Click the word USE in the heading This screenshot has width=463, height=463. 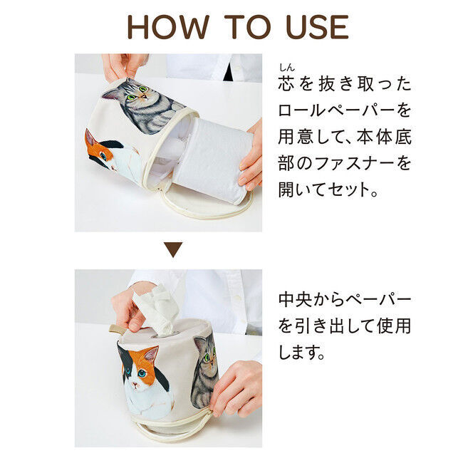[x=318, y=27]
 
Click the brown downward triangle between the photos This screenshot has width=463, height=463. [x=173, y=249]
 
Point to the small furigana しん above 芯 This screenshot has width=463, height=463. [x=287, y=68]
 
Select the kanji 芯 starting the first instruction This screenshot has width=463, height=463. [x=286, y=84]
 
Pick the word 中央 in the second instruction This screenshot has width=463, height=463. [x=296, y=300]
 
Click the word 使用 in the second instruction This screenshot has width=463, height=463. [x=394, y=326]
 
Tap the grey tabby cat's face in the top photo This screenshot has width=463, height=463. [x=136, y=93]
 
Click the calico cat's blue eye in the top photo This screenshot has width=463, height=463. [x=103, y=155]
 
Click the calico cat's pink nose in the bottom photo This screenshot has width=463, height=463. [x=135, y=385]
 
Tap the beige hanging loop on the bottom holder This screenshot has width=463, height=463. [x=116, y=329]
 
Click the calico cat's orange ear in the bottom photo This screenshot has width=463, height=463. [x=152, y=355]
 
